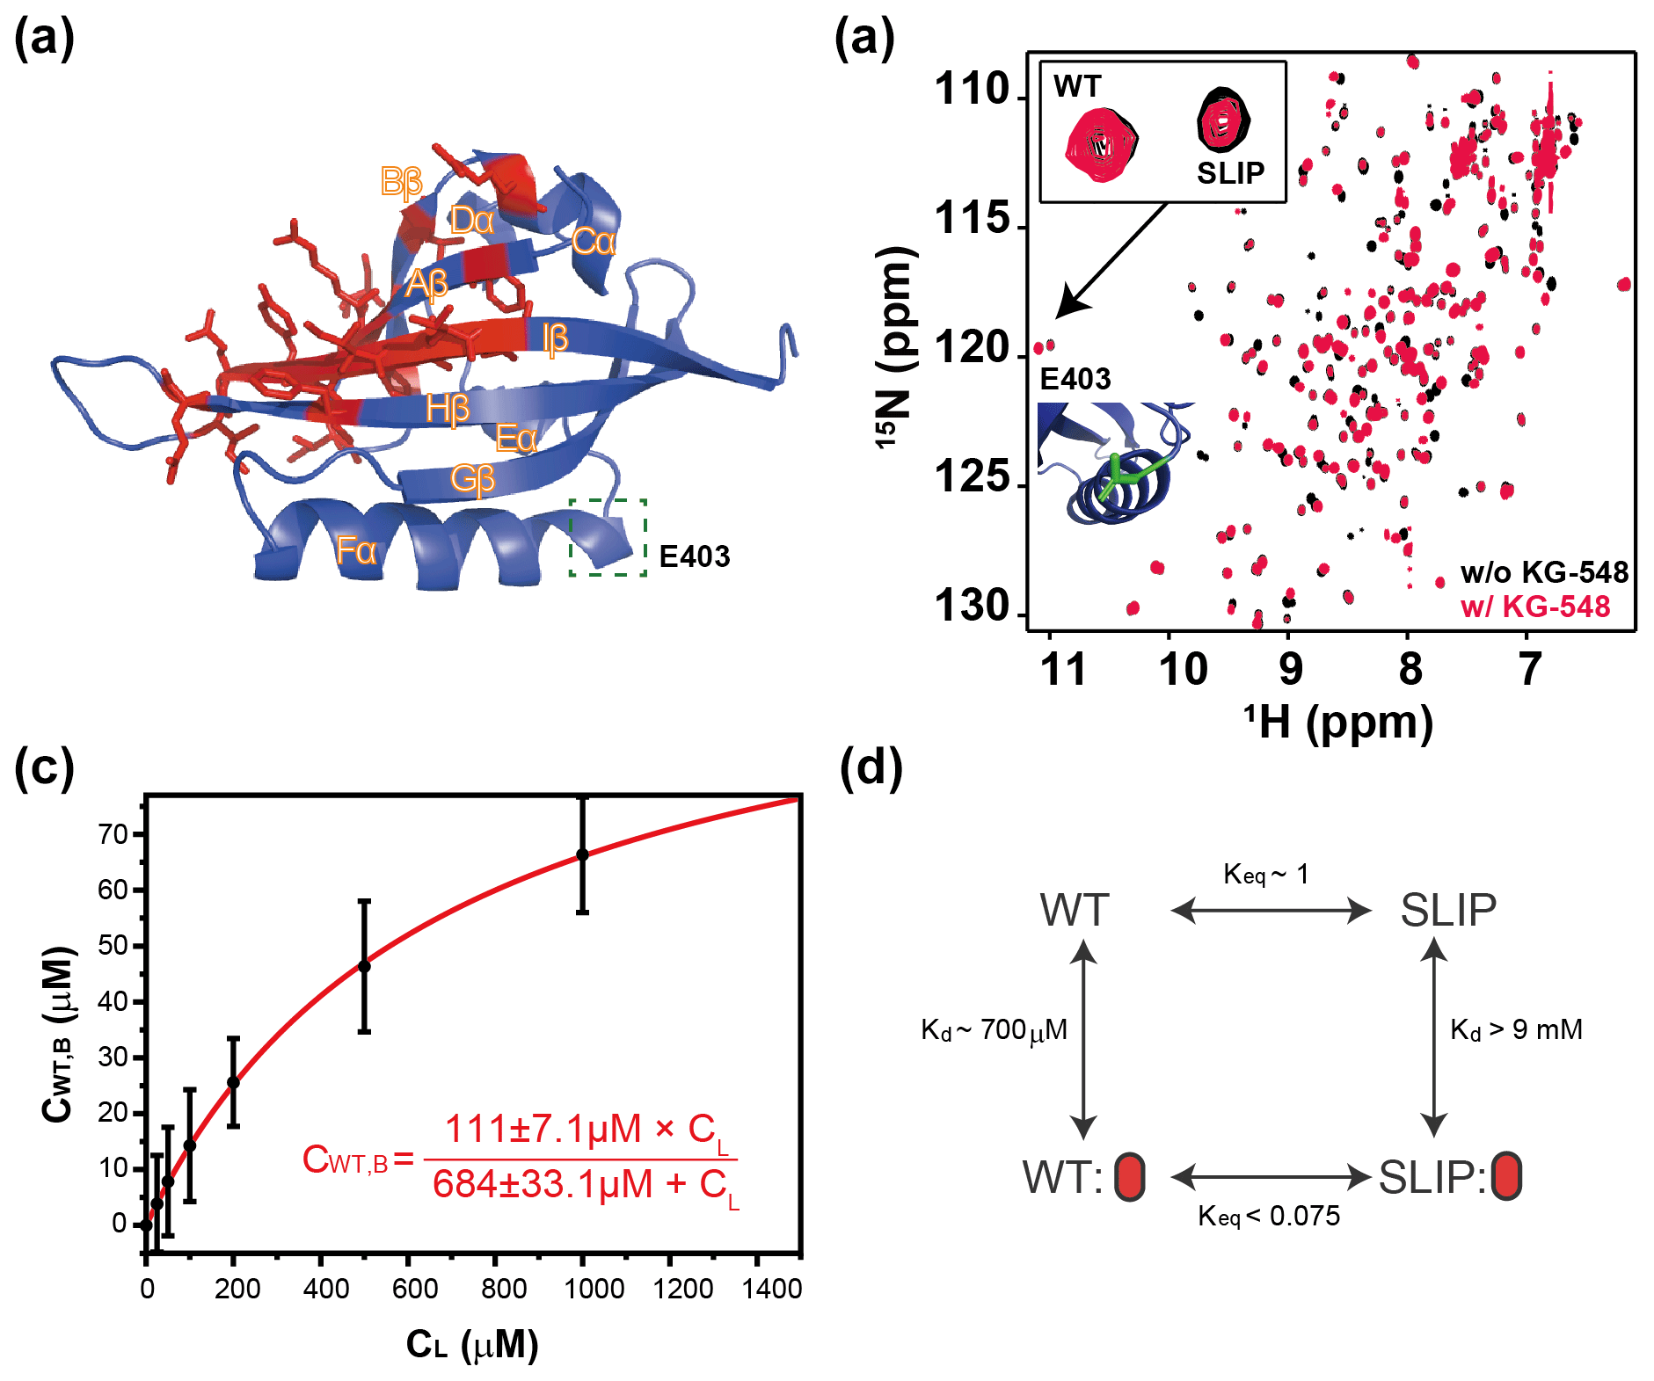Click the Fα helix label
tap(356, 551)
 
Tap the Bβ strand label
tap(402, 182)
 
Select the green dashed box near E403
tap(608, 537)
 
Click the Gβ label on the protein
tap(472, 479)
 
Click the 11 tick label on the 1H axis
tap(1062, 669)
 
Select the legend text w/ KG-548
tap(1534, 607)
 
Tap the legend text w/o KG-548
tap(1544, 573)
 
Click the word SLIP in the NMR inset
tap(1230, 173)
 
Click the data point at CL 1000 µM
tap(582, 854)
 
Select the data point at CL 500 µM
tap(364, 966)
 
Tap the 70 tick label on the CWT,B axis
tap(113, 833)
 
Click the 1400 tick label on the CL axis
tap(771, 1290)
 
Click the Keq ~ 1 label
tap(1266, 874)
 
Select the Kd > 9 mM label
tap(1516, 1029)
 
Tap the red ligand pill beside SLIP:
tap(1506, 1176)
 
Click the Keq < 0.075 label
tap(1269, 1217)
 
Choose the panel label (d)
tap(871, 767)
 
